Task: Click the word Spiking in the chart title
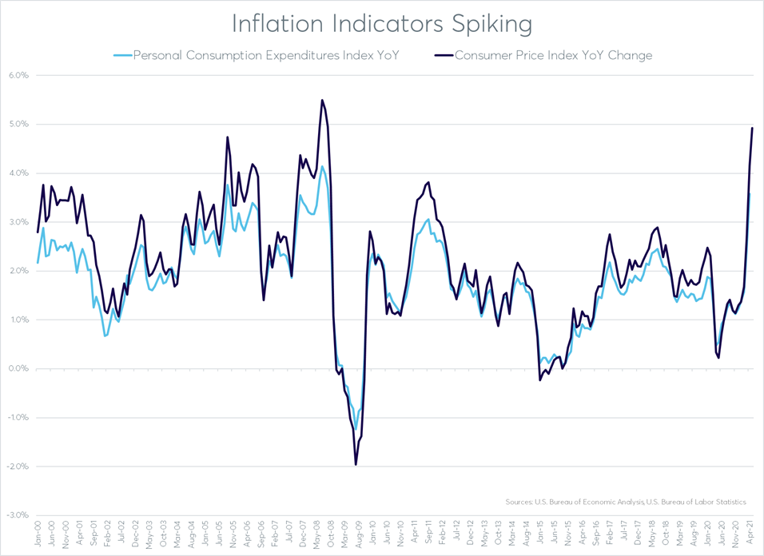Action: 489,24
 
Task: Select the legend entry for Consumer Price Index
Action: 553,56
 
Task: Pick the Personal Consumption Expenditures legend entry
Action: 265,56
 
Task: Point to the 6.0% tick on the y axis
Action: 17,76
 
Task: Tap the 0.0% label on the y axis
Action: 17,369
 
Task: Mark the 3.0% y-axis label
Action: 17,222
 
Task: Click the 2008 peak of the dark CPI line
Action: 322,100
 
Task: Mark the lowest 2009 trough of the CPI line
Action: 356,465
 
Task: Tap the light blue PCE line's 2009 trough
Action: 356,429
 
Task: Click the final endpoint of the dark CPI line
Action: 753,128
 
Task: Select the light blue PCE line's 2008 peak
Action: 322,166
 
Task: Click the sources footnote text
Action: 626,502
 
